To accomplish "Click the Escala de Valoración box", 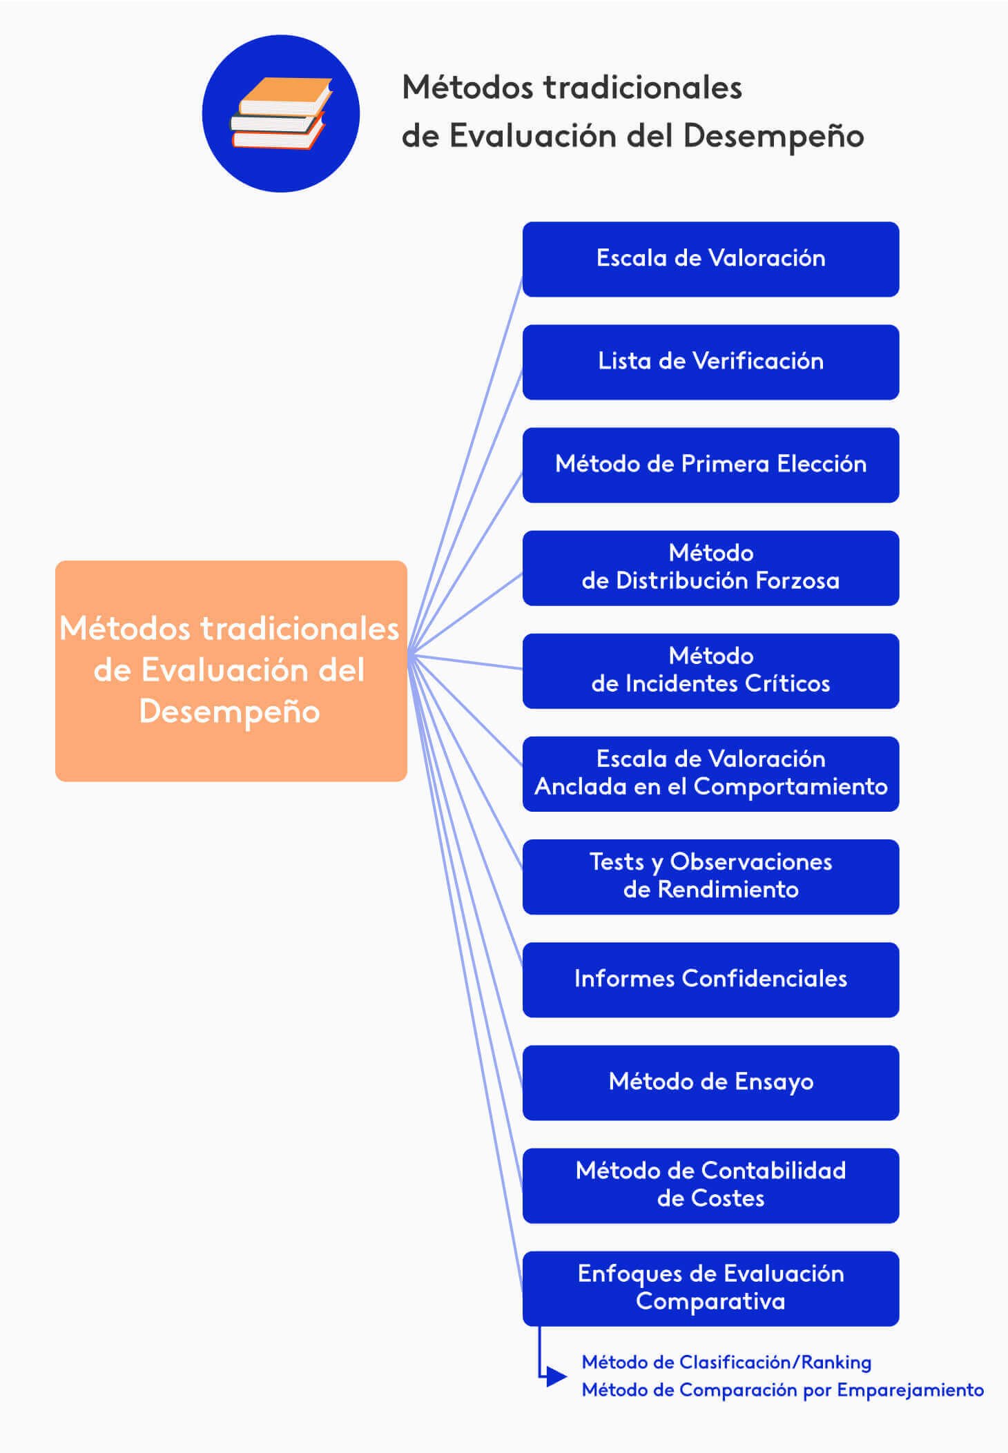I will pos(710,259).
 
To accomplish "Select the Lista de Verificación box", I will pos(710,362).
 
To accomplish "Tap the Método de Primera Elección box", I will pos(710,465).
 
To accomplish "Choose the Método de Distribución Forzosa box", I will pos(710,567).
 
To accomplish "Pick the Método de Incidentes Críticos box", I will pos(710,670).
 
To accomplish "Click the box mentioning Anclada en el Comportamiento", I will pos(710,773).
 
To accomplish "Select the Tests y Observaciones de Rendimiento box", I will pos(710,877).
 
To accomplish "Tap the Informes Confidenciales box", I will pos(710,979).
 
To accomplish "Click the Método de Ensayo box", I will pos(710,1082).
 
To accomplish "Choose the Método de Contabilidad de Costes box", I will pos(710,1185).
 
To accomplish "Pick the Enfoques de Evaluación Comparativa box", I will pos(710,1288).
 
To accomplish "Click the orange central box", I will pos(231,670).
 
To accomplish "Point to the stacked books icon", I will pos(280,114).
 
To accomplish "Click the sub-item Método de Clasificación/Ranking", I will pos(726,1362).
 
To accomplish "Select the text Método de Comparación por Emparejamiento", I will pos(782,1389).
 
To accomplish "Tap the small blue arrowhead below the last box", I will pos(555,1376).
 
